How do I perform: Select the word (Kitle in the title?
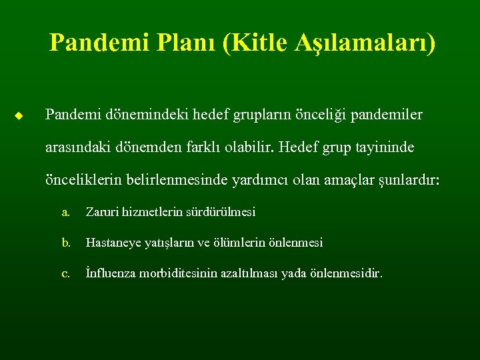(x=253, y=43)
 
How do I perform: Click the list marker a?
(x=65, y=213)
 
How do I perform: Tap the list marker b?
(x=65, y=243)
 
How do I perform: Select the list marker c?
(x=65, y=273)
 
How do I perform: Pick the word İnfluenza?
(x=112, y=273)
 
